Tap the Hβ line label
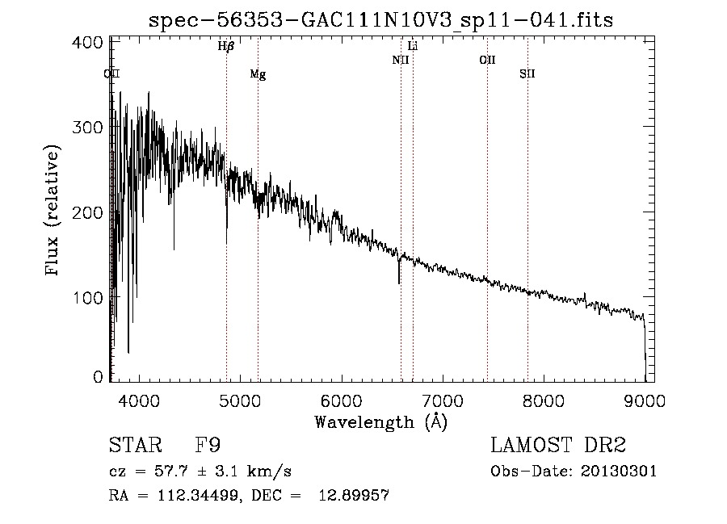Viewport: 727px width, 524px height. click(x=226, y=46)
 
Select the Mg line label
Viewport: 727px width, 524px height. click(x=258, y=74)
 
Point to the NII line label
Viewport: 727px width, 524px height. click(x=401, y=60)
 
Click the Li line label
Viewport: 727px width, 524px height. click(x=413, y=46)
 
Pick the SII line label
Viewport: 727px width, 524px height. click(x=527, y=74)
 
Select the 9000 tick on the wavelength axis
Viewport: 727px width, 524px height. click(x=645, y=400)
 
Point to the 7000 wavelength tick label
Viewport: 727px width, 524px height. click(x=443, y=400)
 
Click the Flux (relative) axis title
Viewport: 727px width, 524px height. click(x=54, y=211)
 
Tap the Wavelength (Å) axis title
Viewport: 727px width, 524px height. click(x=380, y=421)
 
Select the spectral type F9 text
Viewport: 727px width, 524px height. click(x=209, y=446)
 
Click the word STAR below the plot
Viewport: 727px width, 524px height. click(x=135, y=446)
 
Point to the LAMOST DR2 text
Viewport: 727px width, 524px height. click(x=558, y=446)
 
